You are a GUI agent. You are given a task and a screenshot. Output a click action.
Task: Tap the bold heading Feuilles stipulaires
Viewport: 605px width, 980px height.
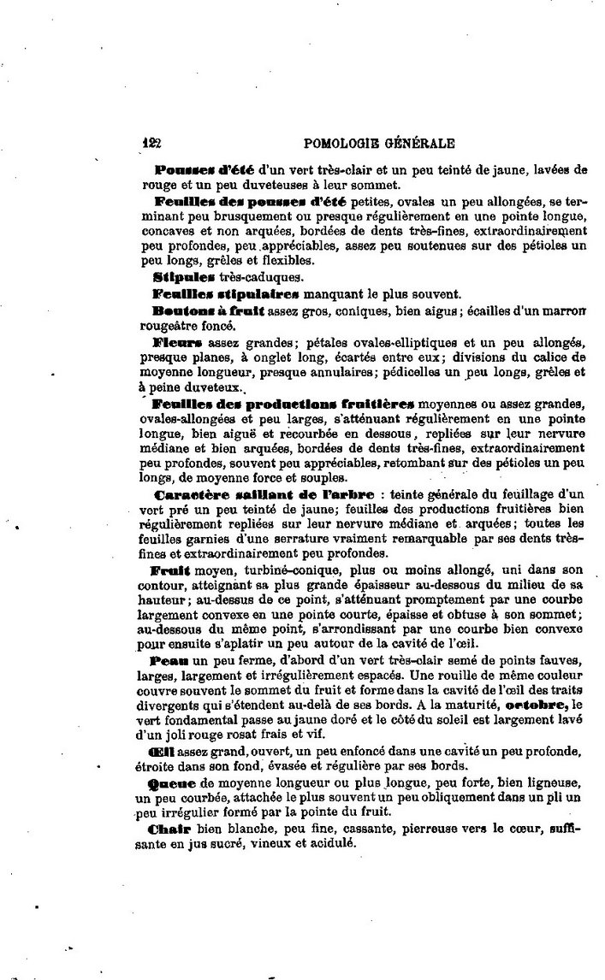point(225,293)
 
